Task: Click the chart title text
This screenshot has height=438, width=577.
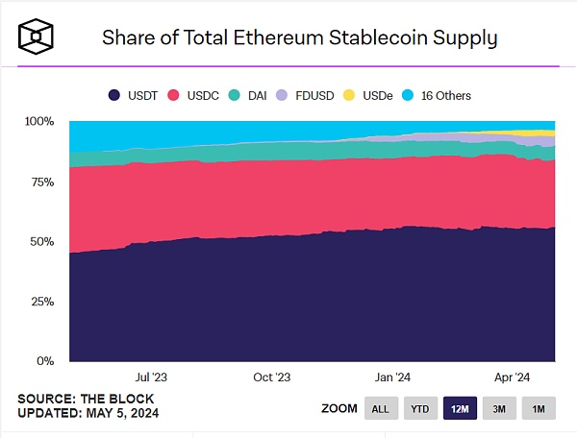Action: click(x=299, y=38)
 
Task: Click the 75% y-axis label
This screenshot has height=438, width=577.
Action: click(x=41, y=182)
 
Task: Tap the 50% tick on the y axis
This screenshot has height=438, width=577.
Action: click(x=41, y=241)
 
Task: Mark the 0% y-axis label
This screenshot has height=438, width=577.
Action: click(x=44, y=361)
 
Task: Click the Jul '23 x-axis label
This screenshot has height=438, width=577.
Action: click(x=153, y=377)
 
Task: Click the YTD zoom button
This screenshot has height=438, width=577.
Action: click(x=421, y=408)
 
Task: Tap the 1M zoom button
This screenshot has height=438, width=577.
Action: click(x=539, y=408)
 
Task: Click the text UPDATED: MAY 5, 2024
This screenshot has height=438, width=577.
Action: click(x=88, y=413)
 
